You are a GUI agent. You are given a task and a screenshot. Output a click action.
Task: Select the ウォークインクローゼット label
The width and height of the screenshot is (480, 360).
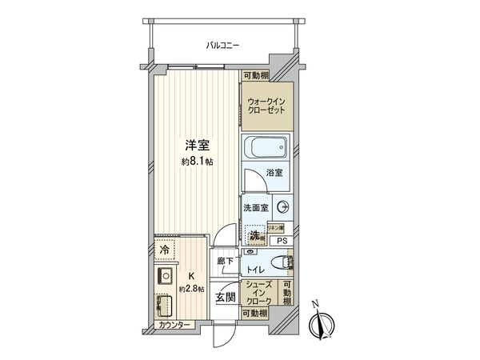pyautogui.click(x=266, y=106)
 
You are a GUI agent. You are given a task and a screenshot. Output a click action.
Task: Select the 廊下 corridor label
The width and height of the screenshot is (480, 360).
pyautogui.click(x=226, y=261)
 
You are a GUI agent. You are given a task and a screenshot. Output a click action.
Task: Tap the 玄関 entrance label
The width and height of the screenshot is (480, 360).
pyautogui.click(x=225, y=298)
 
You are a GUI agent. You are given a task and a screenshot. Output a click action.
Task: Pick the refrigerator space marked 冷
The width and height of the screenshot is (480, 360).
pyautogui.click(x=164, y=249)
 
